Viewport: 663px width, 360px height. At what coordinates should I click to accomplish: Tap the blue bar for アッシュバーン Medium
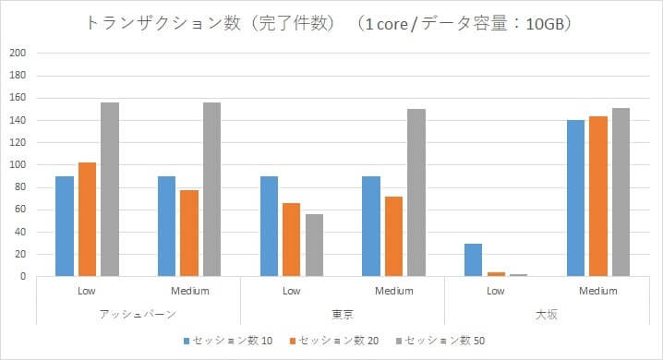(166, 225)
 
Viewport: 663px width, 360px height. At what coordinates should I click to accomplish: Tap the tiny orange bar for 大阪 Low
(496, 273)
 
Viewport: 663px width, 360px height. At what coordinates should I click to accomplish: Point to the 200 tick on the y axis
(17, 53)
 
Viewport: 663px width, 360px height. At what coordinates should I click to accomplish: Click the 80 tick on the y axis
(19, 186)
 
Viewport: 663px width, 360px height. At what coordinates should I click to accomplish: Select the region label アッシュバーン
(138, 314)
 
